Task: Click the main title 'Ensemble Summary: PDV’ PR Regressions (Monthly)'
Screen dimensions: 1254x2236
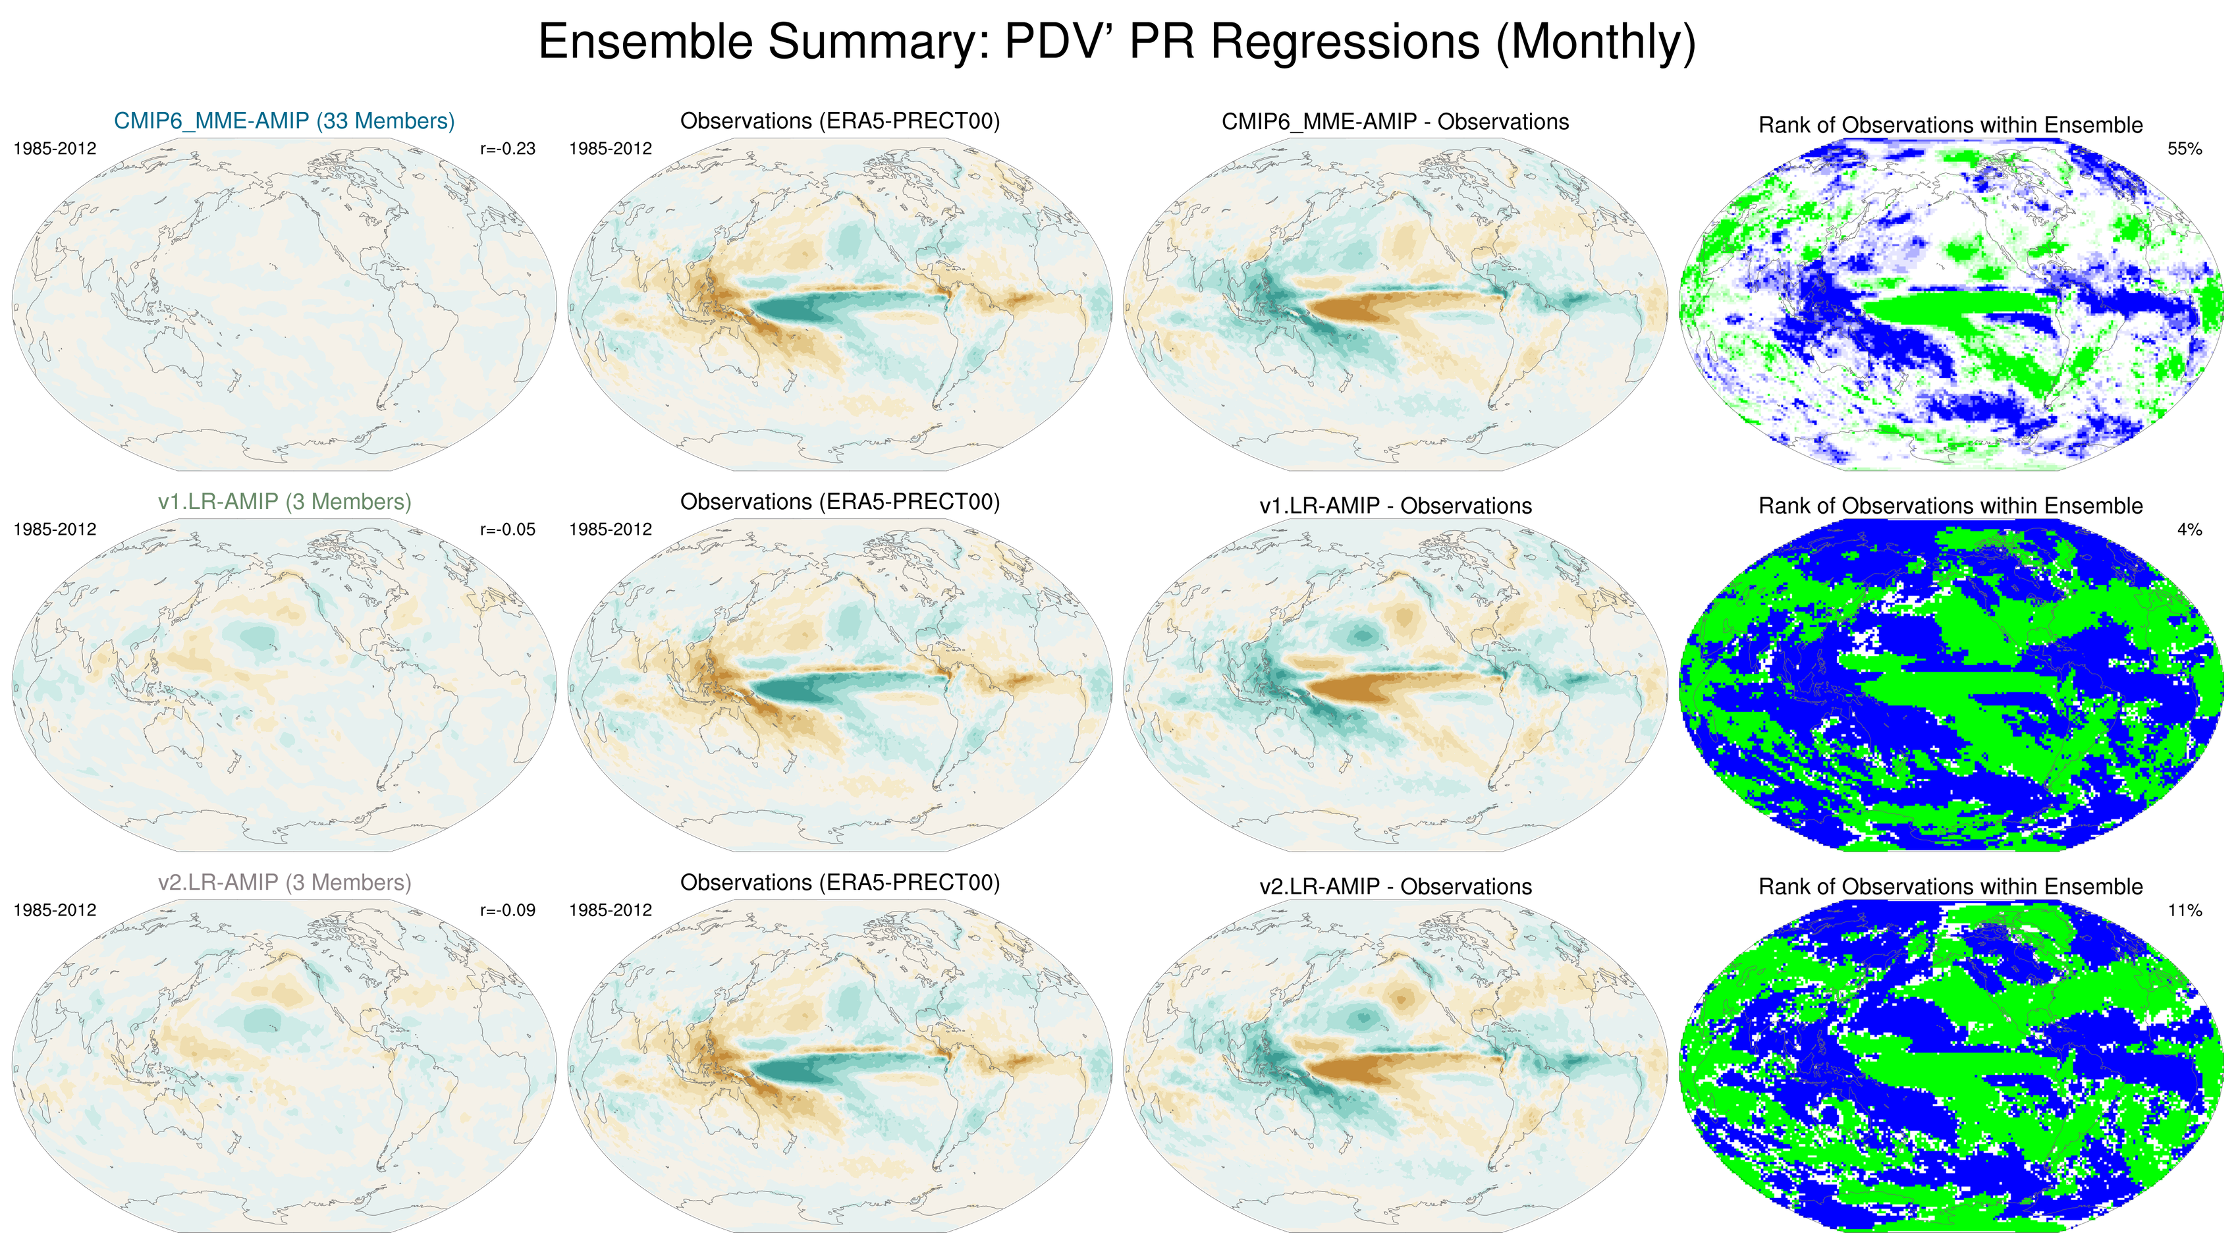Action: [1117, 41]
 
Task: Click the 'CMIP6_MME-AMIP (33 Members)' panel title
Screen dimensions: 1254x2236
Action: [284, 121]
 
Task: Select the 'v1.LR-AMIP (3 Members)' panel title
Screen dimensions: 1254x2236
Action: [284, 502]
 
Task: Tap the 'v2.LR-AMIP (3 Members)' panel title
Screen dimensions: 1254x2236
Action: [284, 883]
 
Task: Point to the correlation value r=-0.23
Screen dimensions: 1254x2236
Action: [508, 148]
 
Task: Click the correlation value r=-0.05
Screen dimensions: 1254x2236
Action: [508, 530]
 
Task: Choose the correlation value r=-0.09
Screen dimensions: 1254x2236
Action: [508, 910]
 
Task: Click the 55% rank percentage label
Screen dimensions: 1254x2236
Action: [2184, 148]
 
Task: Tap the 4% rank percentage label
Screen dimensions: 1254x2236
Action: [2189, 530]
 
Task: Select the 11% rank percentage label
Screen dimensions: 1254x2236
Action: [2184, 910]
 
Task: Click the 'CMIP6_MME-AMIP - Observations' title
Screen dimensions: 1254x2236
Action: [1395, 121]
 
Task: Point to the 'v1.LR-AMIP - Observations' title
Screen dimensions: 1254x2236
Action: [1395, 506]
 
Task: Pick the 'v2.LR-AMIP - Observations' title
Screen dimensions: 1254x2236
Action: [1395, 887]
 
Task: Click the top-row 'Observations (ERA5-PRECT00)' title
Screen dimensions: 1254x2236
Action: [839, 121]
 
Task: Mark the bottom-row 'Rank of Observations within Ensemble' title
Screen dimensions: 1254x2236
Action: [1950, 887]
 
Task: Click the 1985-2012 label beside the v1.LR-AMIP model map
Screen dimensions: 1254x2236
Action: [55, 530]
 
